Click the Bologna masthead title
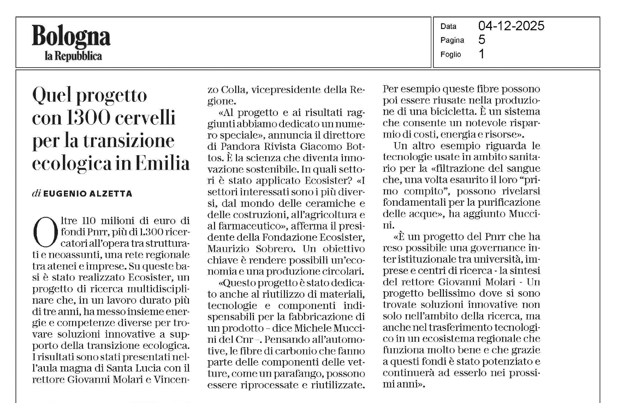click(x=71, y=37)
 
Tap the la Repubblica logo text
click(x=73, y=56)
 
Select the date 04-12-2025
click(x=511, y=26)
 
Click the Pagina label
click(x=452, y=40)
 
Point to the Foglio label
click(x=451, y=54)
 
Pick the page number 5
click(x=482, y=40)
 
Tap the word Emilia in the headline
click(x=162, y=163)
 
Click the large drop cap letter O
click(x=45, y=233)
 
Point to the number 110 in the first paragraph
click(x=89, y=221)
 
